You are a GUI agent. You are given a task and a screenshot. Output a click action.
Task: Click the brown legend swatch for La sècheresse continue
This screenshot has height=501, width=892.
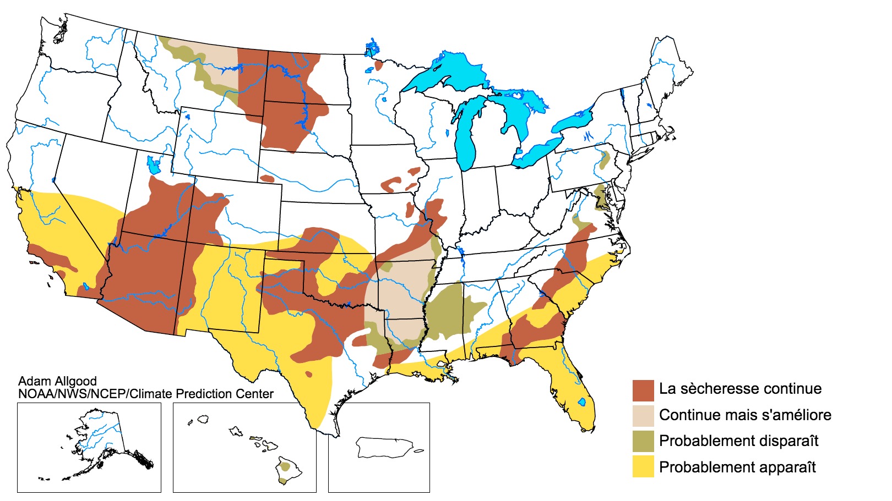click(x=643, y=390)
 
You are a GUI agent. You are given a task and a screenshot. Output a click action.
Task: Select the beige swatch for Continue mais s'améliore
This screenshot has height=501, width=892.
click(x=643, y=416)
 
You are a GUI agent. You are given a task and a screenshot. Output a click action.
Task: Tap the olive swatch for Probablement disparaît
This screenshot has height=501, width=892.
click(x=643, y=441)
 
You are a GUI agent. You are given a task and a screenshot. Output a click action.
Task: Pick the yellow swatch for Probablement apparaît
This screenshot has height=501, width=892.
click(x=643, y=467)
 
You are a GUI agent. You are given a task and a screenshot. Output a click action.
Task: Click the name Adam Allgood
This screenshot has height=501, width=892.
click(x=57, y=381)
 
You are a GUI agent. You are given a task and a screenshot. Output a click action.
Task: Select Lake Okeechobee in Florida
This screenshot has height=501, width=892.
click(x=581, y=402)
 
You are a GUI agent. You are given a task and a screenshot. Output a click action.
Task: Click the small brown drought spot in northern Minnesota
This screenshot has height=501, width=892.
click(x=379, y=65)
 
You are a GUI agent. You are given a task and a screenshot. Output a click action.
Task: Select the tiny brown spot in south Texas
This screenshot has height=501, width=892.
click(x=308, y=375)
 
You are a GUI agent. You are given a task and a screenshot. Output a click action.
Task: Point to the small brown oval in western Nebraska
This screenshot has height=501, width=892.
click(x=267, y=179)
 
